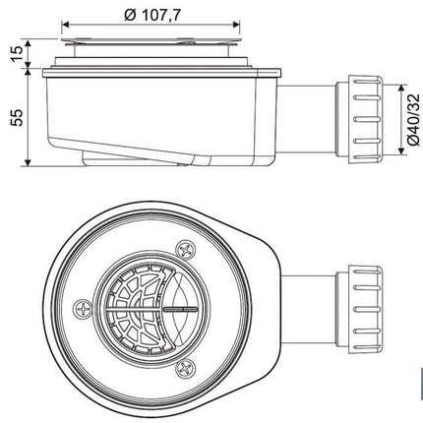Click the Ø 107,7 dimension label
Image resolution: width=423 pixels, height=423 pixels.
[x=152, y=16]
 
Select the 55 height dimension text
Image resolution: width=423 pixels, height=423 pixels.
[x=17, y=117]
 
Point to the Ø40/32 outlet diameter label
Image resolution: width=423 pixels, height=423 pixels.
[x=413, y=120]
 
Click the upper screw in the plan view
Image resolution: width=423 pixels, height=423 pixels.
[x=186, y=251]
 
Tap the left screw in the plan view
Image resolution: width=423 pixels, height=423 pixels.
[x=83, y=309]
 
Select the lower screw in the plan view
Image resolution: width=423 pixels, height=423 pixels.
[x=186, y=368]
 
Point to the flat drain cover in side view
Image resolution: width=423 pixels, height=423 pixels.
[x=151, y=40]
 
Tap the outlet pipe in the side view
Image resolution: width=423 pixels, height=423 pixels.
[x=308, y=119]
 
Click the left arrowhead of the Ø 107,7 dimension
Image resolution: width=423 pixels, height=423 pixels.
[x=65, y=24]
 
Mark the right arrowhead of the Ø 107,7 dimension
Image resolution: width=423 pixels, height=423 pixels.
[x=237, y=24]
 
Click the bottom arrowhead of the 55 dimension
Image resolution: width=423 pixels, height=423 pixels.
[x=28, y=162]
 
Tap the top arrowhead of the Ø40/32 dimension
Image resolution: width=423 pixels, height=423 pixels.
[x=400, y=90]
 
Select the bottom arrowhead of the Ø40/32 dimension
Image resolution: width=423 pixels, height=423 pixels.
[x=400, y=150]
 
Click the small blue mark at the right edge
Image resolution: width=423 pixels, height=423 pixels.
[x=422, y=384]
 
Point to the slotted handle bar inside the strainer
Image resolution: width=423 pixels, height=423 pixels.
[x=180, y=309]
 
